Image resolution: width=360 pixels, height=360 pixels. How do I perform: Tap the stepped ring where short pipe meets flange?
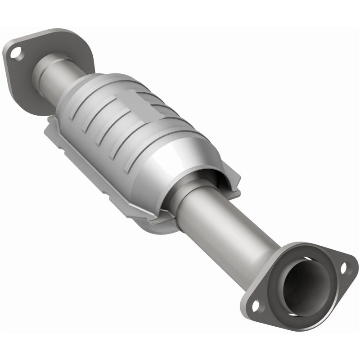pos(43,67)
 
